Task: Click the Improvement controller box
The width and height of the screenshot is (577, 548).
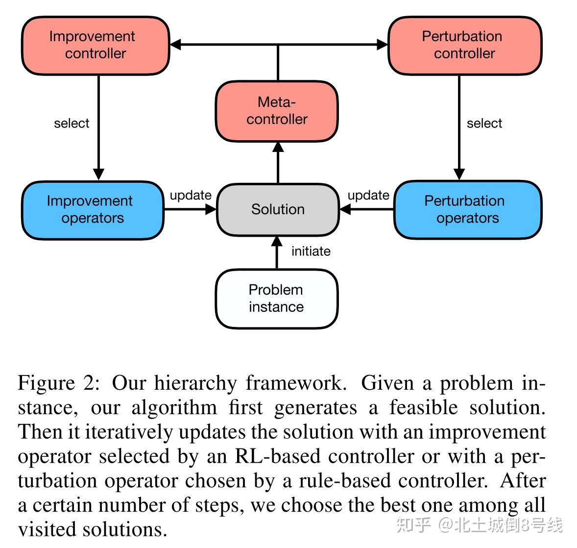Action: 96,46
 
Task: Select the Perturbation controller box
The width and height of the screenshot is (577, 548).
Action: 464,46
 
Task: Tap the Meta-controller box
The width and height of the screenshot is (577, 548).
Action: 277,111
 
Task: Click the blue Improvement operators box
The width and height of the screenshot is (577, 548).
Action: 92,210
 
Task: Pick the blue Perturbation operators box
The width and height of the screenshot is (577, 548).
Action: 467,210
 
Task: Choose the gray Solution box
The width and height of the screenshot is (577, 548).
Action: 278,210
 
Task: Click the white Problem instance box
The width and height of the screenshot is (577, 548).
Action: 277,299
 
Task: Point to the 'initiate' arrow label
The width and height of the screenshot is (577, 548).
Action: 311,251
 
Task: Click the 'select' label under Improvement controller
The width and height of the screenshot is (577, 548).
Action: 72,124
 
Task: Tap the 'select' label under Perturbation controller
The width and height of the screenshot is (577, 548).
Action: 484,124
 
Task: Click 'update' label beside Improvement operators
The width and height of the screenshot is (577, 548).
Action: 190,196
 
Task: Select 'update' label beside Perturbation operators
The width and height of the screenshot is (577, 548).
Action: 368,196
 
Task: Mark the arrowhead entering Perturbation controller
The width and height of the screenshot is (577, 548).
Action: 383,45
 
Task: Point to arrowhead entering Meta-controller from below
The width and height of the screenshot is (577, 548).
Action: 278,148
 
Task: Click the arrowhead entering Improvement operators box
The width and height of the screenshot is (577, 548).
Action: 98,174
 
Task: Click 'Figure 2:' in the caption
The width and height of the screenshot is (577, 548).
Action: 59,383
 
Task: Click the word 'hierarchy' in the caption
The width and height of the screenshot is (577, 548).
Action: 195,383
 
